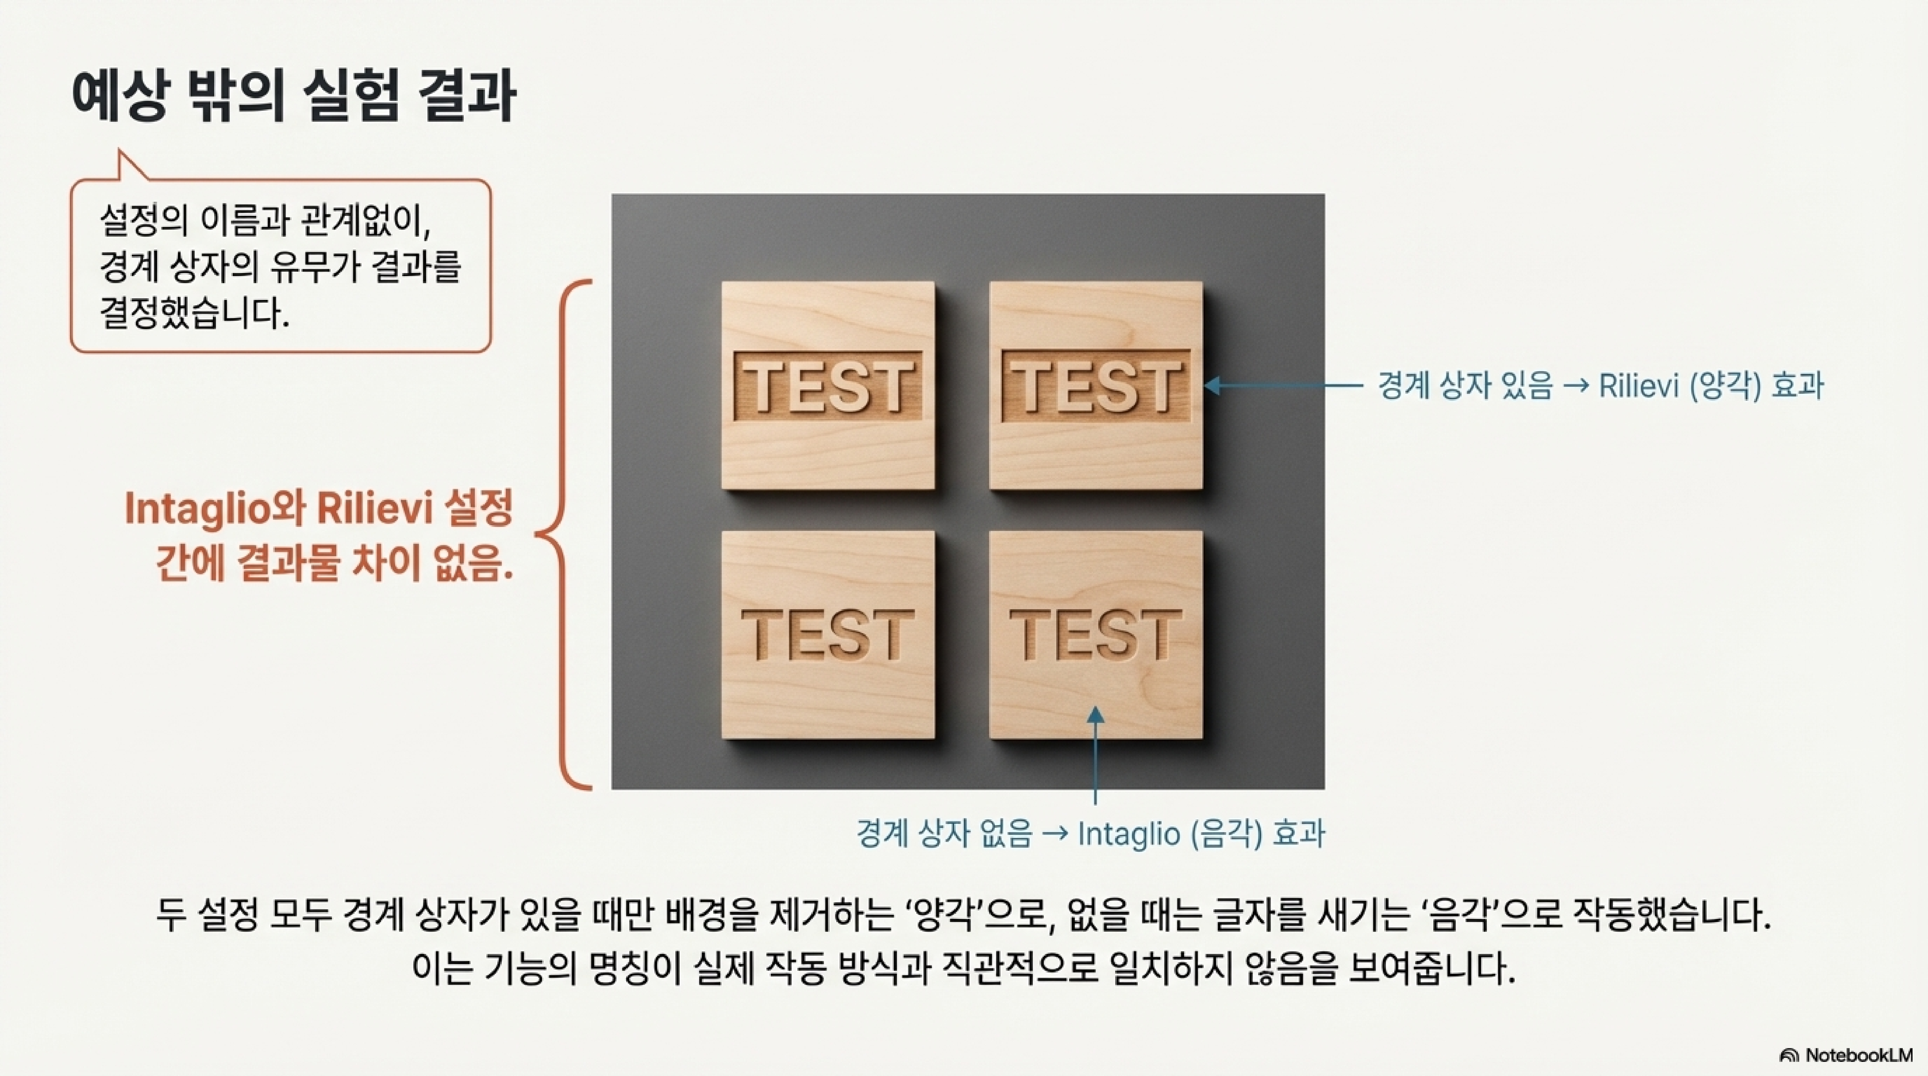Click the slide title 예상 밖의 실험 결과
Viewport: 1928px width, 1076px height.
[293, 97]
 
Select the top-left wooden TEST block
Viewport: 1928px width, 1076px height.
[828, 385]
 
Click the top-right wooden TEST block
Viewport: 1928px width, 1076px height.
[1096, 385]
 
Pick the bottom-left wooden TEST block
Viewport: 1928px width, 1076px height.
[828, 635]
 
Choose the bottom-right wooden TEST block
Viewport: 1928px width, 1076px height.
[1096, 635]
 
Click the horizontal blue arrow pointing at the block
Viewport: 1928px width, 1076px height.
[1283, 385]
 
